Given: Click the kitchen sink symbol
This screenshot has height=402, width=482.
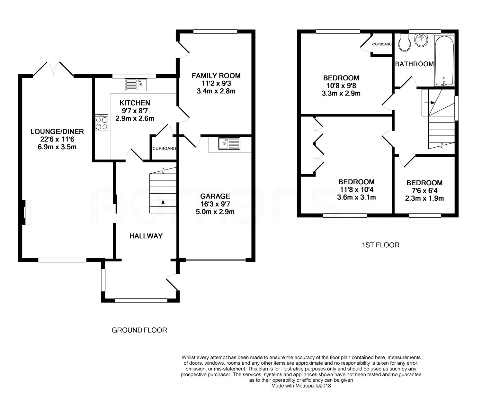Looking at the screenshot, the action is tap(136, 85).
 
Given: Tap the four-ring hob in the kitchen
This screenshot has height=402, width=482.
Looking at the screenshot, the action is tap(102, 122).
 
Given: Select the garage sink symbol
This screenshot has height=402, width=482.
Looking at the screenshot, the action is tap(229, 143).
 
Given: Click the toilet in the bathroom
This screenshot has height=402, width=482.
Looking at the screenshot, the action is tap(404, 43).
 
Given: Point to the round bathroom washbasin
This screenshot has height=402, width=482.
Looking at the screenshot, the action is tap(421, 40).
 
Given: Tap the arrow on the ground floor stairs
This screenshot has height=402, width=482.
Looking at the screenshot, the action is tap(163, 205).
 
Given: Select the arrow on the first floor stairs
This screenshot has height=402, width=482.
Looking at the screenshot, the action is tap(430, 103).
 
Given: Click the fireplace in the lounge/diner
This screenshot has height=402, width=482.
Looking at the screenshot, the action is tap(26, 212).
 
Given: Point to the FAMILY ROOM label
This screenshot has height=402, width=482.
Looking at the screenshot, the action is tap(216, 76).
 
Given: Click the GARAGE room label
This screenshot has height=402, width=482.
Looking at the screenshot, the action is tap(215, 196).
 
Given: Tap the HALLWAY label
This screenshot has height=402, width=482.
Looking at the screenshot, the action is tap(146, 236).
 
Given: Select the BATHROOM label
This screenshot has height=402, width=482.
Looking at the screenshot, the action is tap(415, 64).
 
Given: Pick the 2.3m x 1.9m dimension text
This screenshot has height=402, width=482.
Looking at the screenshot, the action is tap(424, 198).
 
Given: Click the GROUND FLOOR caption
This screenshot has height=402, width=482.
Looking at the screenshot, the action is tap(139, 330).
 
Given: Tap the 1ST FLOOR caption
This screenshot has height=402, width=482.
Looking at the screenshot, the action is tap(380, 245).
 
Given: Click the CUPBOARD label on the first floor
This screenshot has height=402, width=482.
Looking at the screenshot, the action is tap(382, 44).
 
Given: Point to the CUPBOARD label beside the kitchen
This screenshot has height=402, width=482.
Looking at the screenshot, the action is tap(164, 149).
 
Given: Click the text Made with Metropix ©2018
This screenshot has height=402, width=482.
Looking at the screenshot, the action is tap(301, 386).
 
